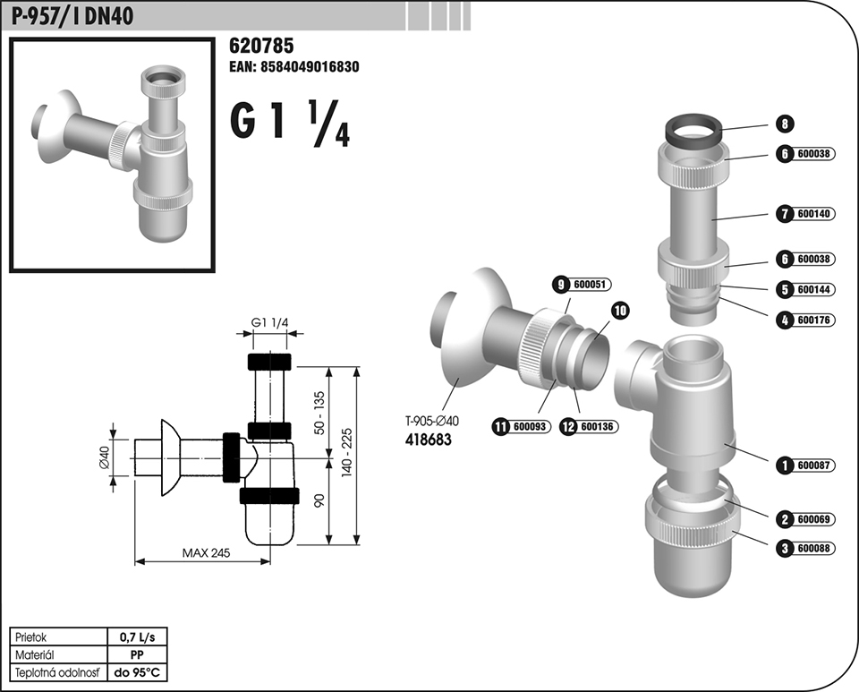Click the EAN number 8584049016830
(310, 67)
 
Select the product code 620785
(261, 46)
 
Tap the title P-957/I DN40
(72, 15)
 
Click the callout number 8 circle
(785, 124)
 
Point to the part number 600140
(813, 214)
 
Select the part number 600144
(813, 289)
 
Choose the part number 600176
(813, 320)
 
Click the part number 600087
(813, 466)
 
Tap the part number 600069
(813, 519)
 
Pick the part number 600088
(813, 548)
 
